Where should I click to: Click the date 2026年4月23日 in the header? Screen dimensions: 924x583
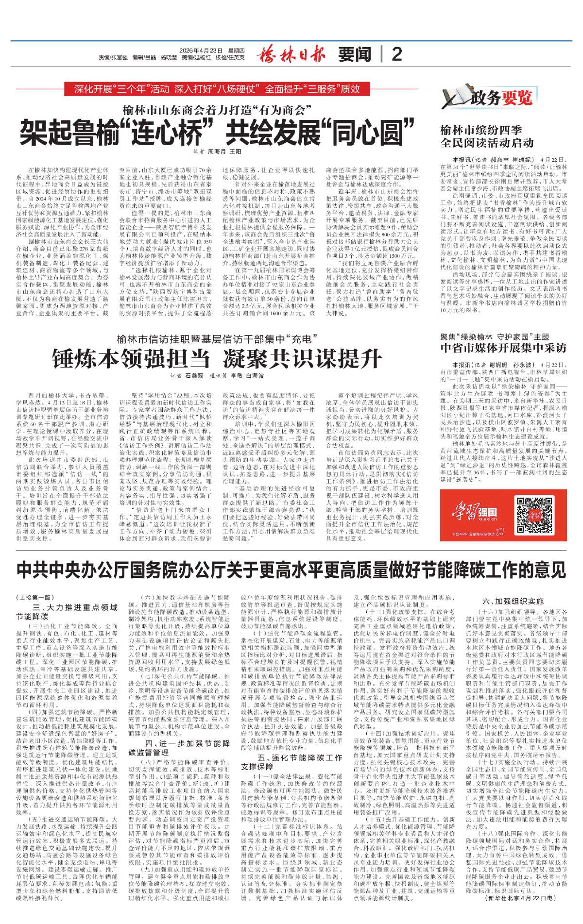[201, 50]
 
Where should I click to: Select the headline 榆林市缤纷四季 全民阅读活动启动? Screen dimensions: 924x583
[487, 136]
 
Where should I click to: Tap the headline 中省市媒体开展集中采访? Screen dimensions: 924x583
[503, 348]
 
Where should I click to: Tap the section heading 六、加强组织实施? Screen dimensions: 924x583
[513, 601]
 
